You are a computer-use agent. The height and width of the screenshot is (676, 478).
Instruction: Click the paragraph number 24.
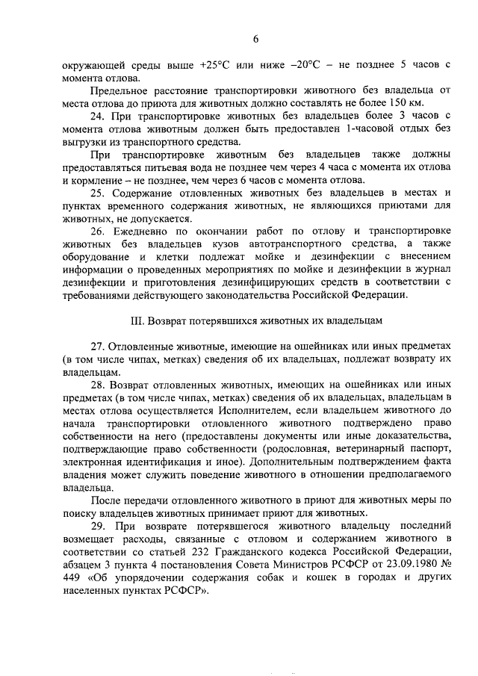(99, 117)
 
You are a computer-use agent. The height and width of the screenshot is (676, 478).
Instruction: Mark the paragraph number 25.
(99, 193)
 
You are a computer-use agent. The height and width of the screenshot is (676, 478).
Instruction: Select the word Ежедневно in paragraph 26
(140, 232)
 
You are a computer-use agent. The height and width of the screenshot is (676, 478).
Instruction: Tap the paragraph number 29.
(99, 526)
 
